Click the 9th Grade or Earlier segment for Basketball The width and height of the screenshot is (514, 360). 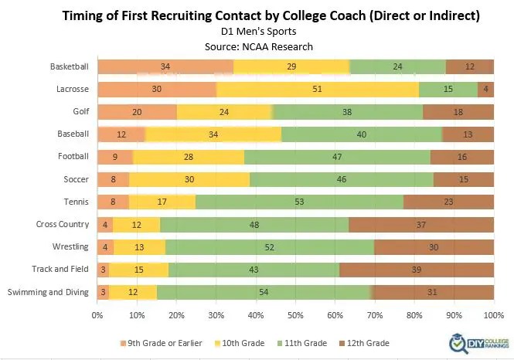(165, 66)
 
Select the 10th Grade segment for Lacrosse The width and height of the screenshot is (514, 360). (318, 89)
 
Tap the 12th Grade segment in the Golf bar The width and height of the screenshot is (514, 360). (458, 111)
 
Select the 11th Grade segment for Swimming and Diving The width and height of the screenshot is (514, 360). (264, 292)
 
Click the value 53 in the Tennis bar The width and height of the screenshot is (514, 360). (299, 202)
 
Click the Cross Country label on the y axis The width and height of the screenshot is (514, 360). (63, 225)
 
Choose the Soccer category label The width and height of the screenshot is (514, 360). (75, 179)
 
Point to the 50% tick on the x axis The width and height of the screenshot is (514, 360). (295, 315)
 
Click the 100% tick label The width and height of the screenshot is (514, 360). (493, 315)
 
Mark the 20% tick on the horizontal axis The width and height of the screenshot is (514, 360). (176, 315)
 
